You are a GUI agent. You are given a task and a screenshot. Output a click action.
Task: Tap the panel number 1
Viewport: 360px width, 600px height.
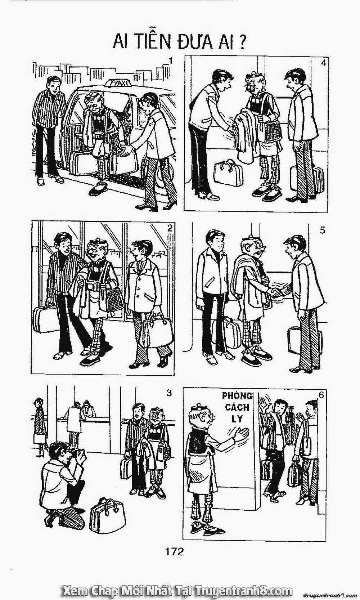171,62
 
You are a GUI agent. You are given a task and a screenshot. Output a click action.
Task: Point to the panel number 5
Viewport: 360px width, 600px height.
322,230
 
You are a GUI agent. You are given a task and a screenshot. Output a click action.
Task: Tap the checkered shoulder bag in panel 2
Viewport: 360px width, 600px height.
114,299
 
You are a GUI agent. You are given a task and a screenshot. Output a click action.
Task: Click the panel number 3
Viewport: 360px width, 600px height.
168,394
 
